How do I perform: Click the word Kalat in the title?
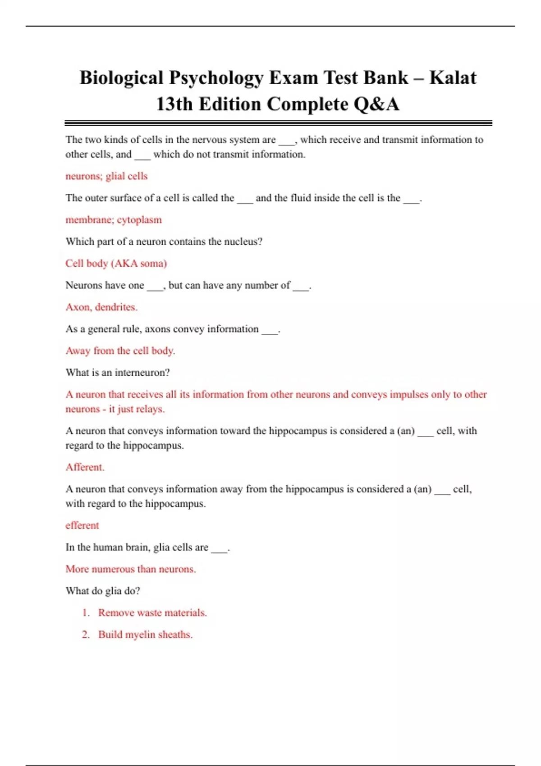point(452,78)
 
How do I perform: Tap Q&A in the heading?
point(376,104)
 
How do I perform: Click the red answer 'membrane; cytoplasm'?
point(114,220)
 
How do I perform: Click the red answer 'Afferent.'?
point(85,467)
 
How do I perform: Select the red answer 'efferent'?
point(82,525)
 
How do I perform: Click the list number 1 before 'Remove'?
point(85,613)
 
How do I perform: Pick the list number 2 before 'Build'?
point(85,634)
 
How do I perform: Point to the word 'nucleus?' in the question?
point(243,242)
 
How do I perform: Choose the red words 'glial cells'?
point(127,176)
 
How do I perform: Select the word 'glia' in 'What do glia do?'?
point(113,591)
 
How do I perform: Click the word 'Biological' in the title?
point(121,78)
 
